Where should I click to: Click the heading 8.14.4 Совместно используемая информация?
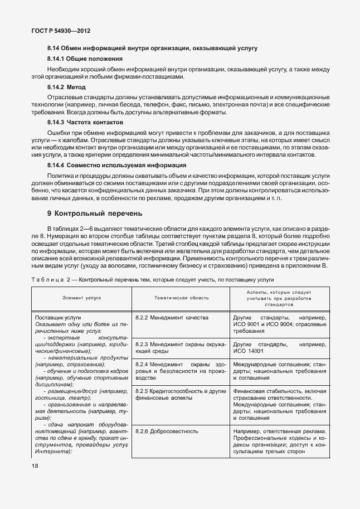click(x=116, y=166)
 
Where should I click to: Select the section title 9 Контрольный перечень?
click(x=95, y=213)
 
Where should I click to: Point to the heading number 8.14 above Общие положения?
click(x=54, y=49)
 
